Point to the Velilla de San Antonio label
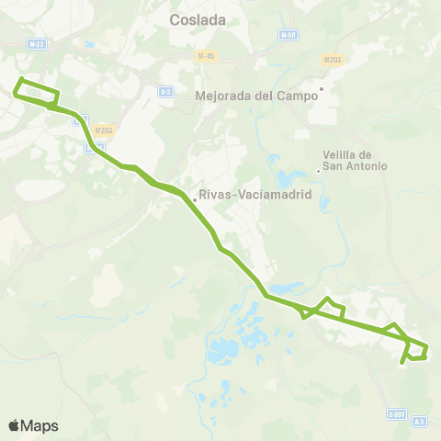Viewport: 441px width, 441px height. click(355, 160)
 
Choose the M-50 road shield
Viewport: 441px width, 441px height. click(287, 34)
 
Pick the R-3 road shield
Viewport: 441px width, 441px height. click(165, 91)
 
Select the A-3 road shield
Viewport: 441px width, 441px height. click(419, 422)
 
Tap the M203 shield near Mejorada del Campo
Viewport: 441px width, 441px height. click(333, 61)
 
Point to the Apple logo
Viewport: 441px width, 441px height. click(14, 425)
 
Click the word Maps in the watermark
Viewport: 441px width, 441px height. click(40, 426)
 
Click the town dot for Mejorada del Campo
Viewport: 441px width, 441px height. click(319, 90)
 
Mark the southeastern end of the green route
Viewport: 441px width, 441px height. click(402, 363)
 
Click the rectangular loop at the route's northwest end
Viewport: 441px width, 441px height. click(37, 93)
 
